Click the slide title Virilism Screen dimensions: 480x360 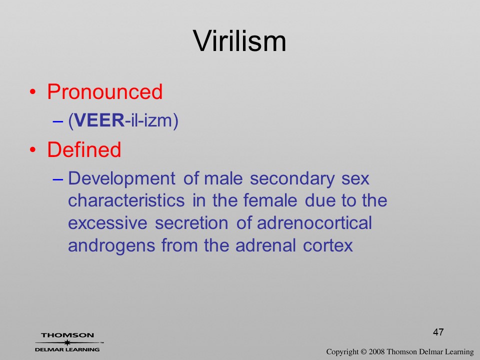coord(239,41)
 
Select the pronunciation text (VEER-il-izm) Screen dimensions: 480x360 coord(123,120)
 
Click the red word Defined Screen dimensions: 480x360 coord(84,149)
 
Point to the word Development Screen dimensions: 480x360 coord(121,179)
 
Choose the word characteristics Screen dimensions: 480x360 coord(126,200)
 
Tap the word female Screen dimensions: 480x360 coord(270,200)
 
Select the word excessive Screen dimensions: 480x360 coord(107,223)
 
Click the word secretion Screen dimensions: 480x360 coord(191,223)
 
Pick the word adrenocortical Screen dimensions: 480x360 coord(314,223)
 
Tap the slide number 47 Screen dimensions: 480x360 coord(438,332)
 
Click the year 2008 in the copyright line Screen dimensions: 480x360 coord(376,351)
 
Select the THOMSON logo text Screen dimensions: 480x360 coord(67,335)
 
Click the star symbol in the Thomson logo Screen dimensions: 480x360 coord(67,342)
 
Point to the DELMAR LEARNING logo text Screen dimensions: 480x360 coord(67,349)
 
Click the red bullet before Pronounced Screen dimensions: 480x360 coord(33,92)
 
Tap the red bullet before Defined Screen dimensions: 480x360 coord(33,149)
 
